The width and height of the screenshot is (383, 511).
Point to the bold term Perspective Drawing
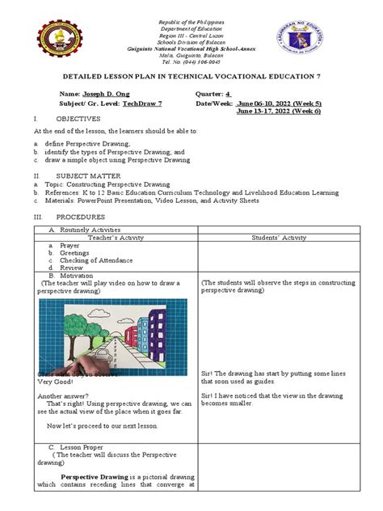pyautogui.click(x=96, y=476)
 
